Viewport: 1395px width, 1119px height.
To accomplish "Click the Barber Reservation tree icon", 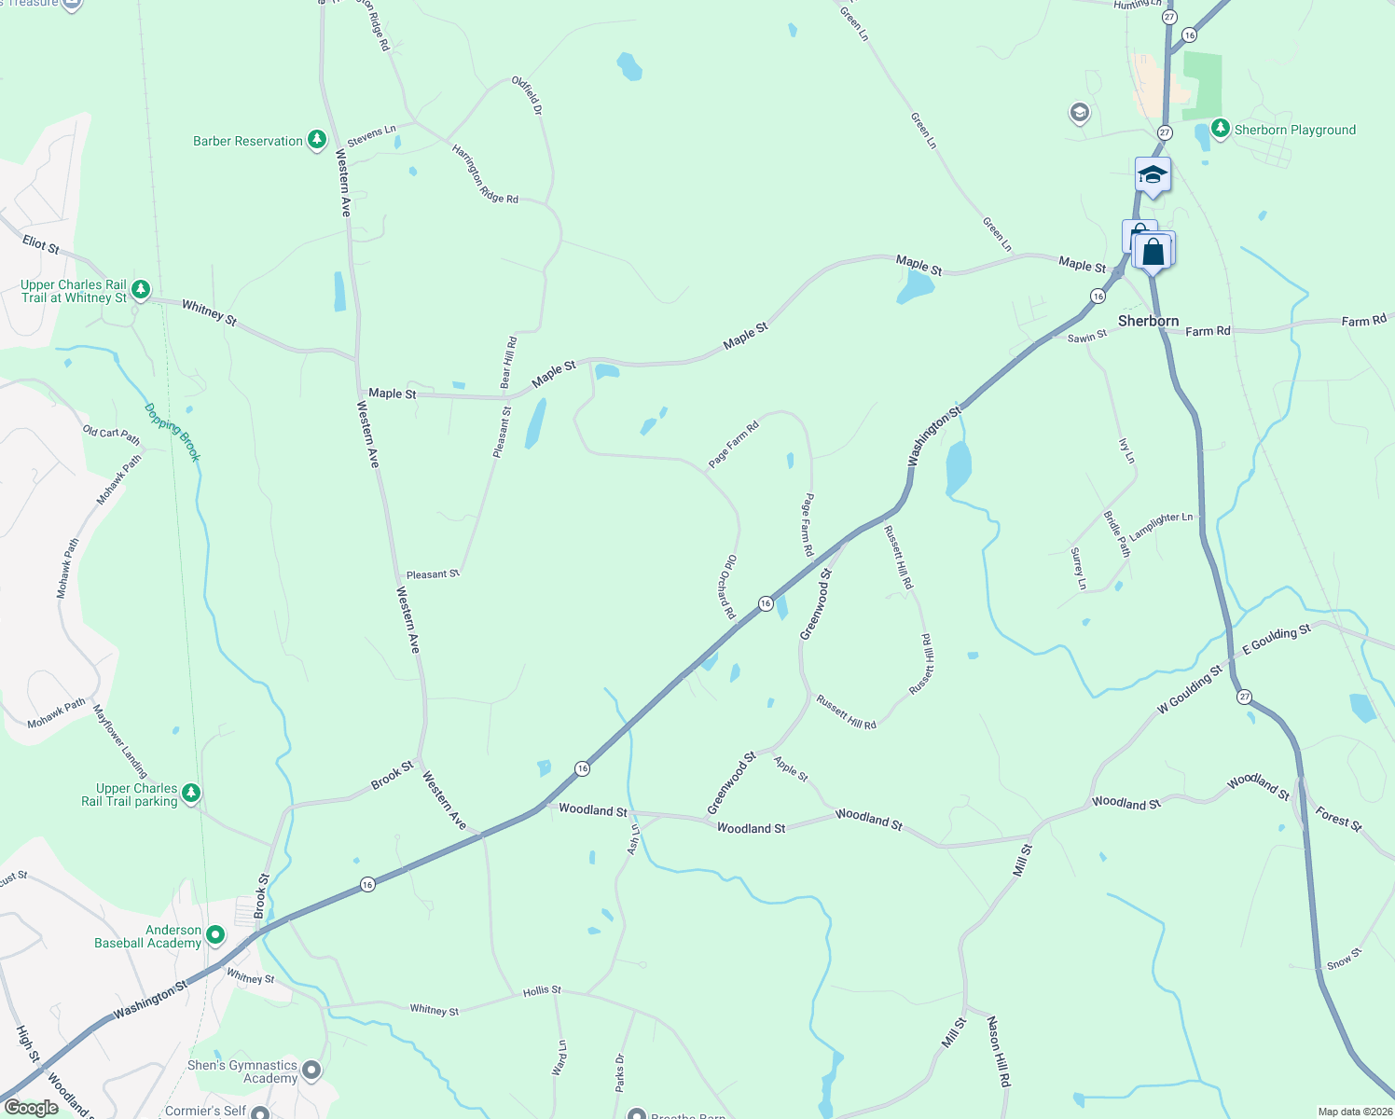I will [x=317, y=141].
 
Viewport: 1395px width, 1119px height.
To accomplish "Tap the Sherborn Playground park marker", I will [x=1220, y=129].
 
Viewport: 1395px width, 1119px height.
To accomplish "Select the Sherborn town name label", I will [x=1148, y=321].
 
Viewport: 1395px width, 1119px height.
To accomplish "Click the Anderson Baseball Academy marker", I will [x=215, y=934].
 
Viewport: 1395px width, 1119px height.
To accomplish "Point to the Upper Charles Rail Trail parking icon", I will [x=191, y=794].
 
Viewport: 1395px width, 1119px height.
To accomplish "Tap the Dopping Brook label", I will [x=173, y=432].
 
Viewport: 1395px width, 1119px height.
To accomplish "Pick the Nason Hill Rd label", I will [x=999, y=1051].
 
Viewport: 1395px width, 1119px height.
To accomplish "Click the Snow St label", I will [x=1345, y=959].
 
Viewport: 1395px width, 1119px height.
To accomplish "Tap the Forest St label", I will [x=1339, y=819].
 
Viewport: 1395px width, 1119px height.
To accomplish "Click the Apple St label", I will [x=791, y=768].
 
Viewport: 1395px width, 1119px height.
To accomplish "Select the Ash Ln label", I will [x=634, y=838].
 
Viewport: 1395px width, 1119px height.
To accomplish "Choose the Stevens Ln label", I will [x=371, y=135].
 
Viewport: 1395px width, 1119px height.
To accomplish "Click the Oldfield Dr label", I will [x=526, y=95].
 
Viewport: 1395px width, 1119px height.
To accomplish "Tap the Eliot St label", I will [x=41, y=244].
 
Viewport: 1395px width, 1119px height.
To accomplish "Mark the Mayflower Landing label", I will [x=120, y=741].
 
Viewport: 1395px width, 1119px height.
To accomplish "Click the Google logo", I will [x=32, y=1108].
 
